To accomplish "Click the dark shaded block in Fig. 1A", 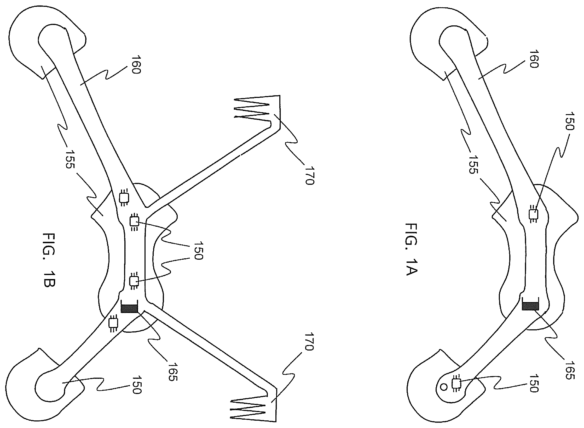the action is [x=530, y=306].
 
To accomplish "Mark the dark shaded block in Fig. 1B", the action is [x=129, y=308].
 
